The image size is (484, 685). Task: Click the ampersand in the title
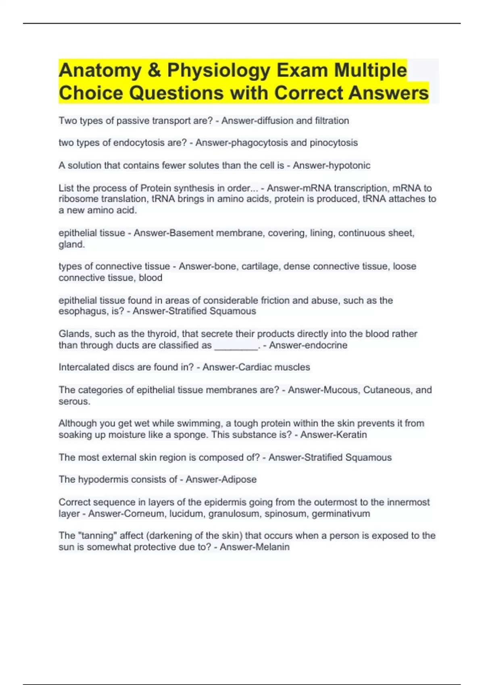pyautogui.click(x=154, y=71)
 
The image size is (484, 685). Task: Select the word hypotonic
pyautogui.click(x=350, y=166)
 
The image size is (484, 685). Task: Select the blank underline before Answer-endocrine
pyautogui.click(x=236, y=346)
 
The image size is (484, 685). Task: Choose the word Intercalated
pyautogui.click(x=83, y=367)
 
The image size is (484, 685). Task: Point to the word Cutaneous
pyautogui.click(x=386, y=390)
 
